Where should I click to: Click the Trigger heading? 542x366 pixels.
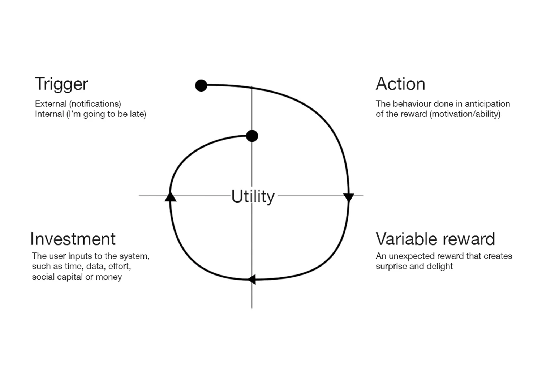[x=61, y=84]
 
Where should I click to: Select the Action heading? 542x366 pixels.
[x=400, y=84]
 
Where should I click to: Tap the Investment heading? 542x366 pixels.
[x=73, y=239]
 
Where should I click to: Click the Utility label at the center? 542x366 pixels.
[x=253, y=196]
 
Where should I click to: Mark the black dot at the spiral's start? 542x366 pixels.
[x=201, y=85]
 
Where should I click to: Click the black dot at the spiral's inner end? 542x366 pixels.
[x=252, y=136]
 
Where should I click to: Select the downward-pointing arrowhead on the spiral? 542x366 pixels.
[x=348, y=197]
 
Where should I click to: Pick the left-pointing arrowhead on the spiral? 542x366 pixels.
[x=252, y=279]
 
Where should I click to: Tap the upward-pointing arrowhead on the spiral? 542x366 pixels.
[x=170, y=197]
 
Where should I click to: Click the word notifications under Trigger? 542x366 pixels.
[x=95, y=104]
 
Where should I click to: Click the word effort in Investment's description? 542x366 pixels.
[x=119, y=267]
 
